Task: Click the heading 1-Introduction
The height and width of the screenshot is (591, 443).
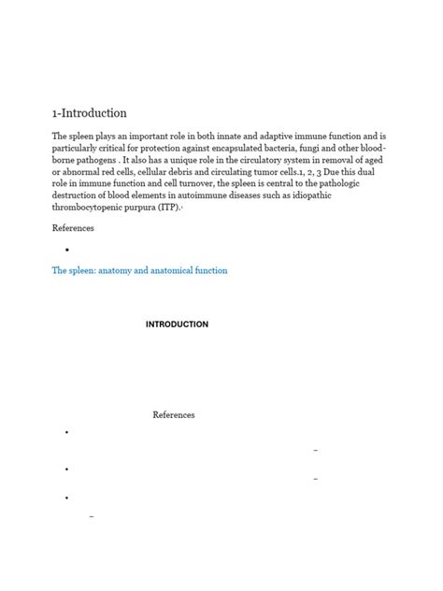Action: [x=89, y=113]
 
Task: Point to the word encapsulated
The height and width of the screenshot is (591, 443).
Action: [x=264, y=149]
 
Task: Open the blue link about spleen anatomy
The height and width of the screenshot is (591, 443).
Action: [x=139, y=270]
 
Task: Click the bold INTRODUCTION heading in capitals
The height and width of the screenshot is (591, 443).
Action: [x=177, y=324]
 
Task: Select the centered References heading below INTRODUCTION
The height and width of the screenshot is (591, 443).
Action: [x=174, y=414]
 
